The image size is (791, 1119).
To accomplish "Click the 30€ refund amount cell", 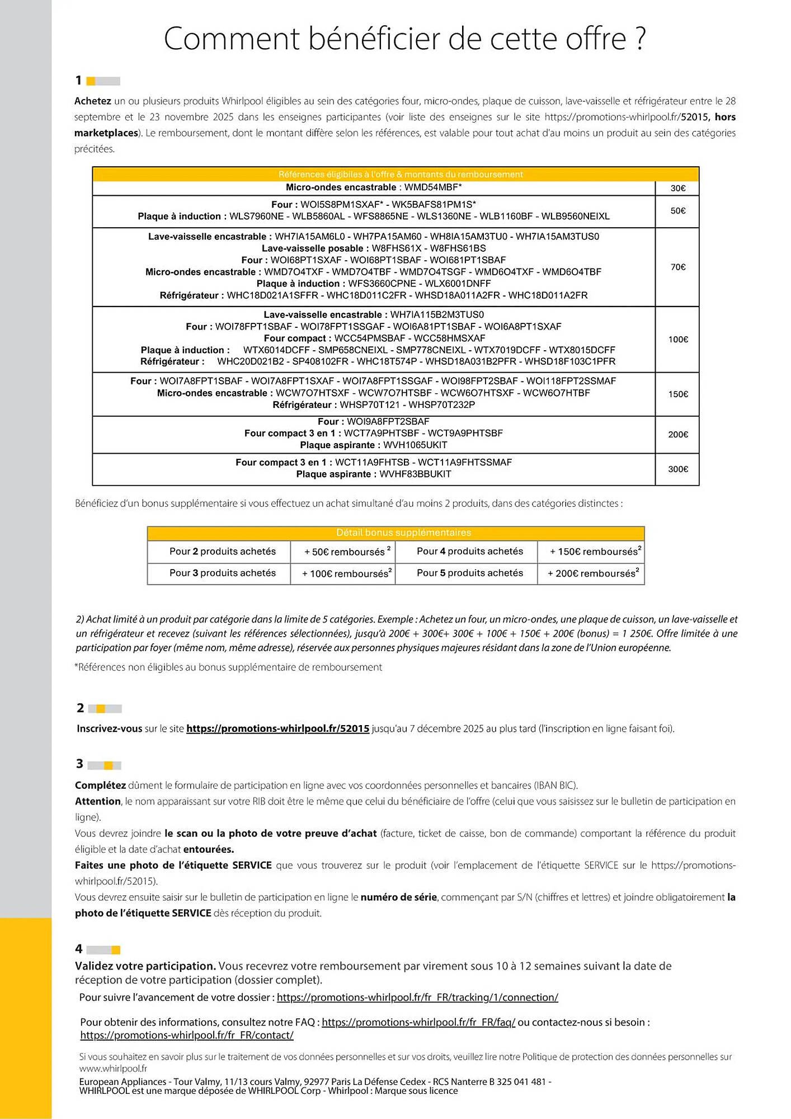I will pyautogui.click(x=677, y=188).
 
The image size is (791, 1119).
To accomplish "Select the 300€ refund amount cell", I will pyautogui.click(x=677, y=469).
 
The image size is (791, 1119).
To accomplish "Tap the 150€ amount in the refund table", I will pyautogui.click(x=677, y=394).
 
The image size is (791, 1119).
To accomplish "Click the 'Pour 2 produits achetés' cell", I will pyautogui.click(x=222, y=551).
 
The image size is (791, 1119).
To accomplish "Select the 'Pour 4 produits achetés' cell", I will pyautogui.click(x=469, y=551).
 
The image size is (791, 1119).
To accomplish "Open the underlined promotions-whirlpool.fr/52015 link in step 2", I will pyautogui.click(x=277, y=728).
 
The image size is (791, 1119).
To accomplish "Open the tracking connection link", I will pyautogui.click(x=417, y=997).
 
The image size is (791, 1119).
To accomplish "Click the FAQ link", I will pyautogui.click(x=418, y=1022).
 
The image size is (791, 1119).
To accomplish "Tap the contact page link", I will pyautogui.click(x=187, y=1035).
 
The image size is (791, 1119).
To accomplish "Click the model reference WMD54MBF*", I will pyautogui.click(x=433, y=187).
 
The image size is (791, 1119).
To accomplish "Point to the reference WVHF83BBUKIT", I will pyautogui.click(x=415, y=474).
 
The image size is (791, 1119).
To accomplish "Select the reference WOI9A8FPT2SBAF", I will pyautogui.click(x=388, y=421).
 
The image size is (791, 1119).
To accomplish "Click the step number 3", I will pyautogui.click(x=80, y=764).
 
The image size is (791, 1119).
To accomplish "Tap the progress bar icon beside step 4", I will pyautogui.click(x=104, y=949).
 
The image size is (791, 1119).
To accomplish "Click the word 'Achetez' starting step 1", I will pyautogui.click(x=93, y=101).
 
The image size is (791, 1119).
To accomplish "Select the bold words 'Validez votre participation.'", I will pyautogui.click(x=145, y=966).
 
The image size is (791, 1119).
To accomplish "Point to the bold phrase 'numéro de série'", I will pyautogui.click(x=398, y=897).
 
